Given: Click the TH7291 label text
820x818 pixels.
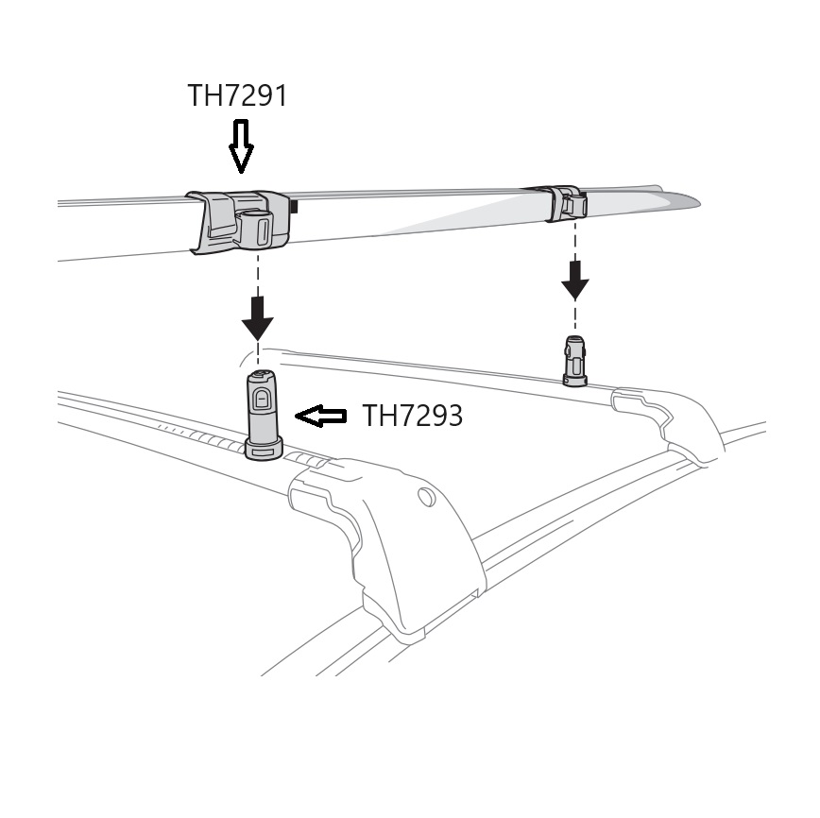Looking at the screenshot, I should [236, 95].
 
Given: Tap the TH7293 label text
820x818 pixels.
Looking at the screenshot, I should [413, 416].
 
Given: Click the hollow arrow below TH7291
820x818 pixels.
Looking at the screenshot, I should [241, 145].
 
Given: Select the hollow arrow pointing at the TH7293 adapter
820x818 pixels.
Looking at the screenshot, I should [321, 416].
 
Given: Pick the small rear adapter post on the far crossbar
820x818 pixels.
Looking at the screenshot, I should [575, 360].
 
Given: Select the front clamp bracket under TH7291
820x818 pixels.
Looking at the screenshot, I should [241, 221].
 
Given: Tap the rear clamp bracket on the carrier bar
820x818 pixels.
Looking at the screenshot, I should [566, 203].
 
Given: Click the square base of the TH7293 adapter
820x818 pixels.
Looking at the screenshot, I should [264, 450].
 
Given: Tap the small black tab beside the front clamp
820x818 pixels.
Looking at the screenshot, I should [294, 205].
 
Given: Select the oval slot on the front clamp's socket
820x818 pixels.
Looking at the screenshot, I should [264, 229].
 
